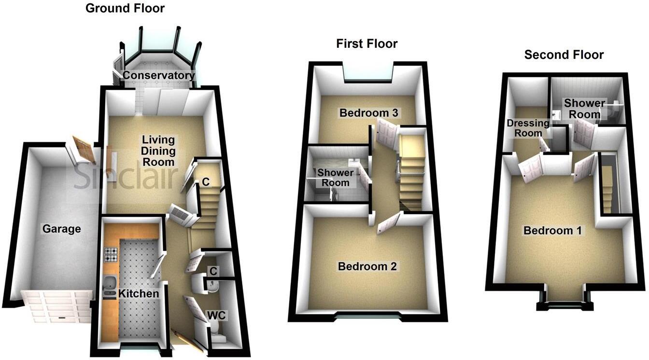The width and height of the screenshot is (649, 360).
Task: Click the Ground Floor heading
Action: tap(125, 8)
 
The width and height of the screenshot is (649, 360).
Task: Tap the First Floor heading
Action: tap(367, 44)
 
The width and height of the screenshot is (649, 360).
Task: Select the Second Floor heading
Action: tap(564, 55)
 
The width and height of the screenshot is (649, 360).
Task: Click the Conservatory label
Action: tap(158, 75)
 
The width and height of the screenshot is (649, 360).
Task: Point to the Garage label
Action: tap(61, 229)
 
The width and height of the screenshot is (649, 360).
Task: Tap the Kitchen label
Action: tap(139, 293)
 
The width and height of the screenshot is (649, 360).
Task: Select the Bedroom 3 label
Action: tap(368, 113)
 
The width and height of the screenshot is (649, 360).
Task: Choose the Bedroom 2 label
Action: tap(367, 266)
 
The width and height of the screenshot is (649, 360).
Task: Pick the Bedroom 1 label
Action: tap(552, 230)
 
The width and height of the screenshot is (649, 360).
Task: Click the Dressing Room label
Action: tap(527, 128)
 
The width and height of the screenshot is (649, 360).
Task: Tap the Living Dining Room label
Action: tap(158, 151)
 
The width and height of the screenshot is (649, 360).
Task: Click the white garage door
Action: tap(56, 305)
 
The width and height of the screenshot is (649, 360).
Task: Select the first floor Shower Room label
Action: tap(335, 178)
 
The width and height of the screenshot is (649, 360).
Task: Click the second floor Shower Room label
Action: tap(584, 108)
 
